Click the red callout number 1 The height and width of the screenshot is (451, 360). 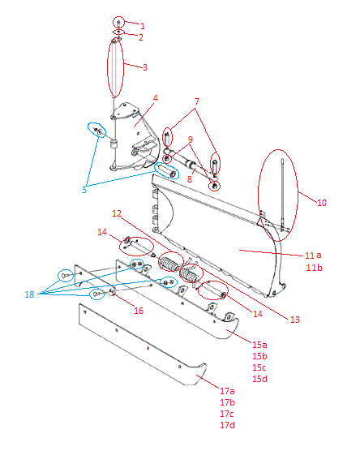click(x=143, y=26)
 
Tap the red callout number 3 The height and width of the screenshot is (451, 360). click(x=145, y=67)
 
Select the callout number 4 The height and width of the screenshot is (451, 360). click(x=156, y=98)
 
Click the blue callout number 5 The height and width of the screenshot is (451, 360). click(x=84, y=190)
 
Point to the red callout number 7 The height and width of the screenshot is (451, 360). click(x=197, y=101)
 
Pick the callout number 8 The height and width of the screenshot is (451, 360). click(x=189, y=179)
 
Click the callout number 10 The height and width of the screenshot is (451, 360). click(x=322, y=203)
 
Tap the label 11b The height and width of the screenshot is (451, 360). click(x=314, y=268)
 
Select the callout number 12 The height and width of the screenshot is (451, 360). click(x=117, y=213)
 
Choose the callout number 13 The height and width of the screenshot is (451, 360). click(x=295, y=320)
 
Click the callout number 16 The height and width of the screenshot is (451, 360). click(x=139, y=311)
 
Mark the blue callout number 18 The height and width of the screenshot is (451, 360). click(x=29, y=294)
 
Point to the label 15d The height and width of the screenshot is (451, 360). click(x=259, y=379)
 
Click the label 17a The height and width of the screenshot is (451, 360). click(x=227, y=391)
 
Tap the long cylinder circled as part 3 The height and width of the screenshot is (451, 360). click(x=115, y=68)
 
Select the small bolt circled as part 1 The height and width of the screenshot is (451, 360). click(x=118, y=23)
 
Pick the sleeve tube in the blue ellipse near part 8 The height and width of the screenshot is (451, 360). click(x=166, y=170)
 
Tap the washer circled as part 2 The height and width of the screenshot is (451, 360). click(x=118, y=32)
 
